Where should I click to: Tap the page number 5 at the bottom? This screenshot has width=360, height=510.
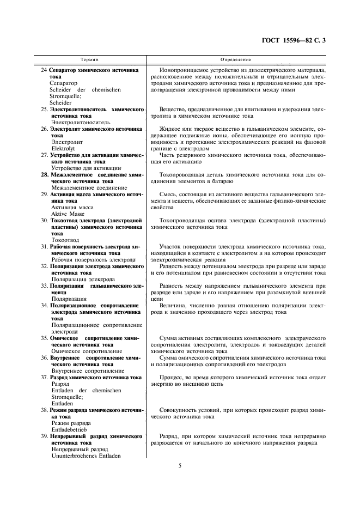(x=180, y=466)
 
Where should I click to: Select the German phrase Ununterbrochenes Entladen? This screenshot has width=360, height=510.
(x=86, y=456)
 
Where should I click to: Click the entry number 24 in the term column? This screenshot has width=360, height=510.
(x=44, y=70)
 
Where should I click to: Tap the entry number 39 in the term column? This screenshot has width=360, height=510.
(x=44, y=436)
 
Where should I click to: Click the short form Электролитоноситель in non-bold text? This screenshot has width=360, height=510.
(x=80, y=122)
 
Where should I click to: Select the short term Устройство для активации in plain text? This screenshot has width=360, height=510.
(x=81, y=168)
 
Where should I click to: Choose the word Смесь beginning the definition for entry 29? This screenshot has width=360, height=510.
(x=168, y=194)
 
